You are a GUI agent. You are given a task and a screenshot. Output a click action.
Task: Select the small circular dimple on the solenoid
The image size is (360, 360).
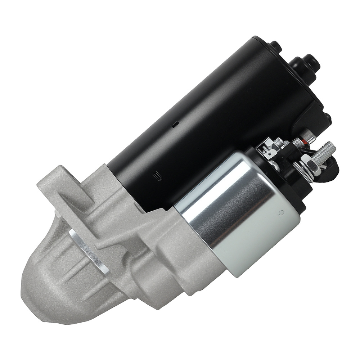(282, 212)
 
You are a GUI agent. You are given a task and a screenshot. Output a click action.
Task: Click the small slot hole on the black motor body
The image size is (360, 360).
(175, 125)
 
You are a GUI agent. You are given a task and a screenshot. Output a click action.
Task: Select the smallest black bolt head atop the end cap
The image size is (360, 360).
(275, 46)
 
